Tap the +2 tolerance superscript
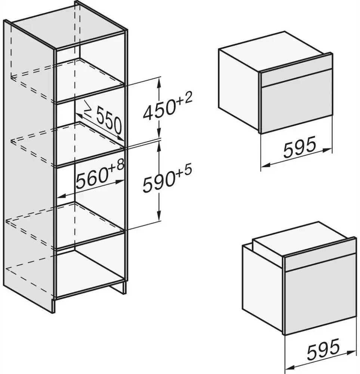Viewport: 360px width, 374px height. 184,99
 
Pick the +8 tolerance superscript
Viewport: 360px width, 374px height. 117,166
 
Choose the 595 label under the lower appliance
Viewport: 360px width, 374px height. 323,350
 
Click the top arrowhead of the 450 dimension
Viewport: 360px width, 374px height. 160,80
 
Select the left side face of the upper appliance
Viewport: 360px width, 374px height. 239,90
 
